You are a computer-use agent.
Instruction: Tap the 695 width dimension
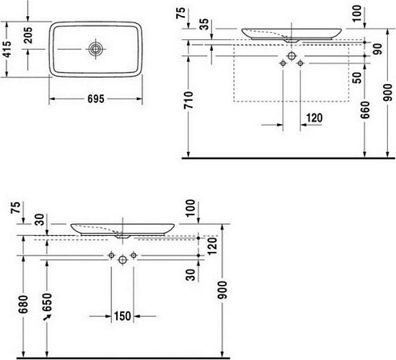pyautogui.click(x=96, y=101)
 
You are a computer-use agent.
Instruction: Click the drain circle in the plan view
pyautogui.click(x=96, y=50)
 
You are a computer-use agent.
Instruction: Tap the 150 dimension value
pyautogui.click(x=122, y=316)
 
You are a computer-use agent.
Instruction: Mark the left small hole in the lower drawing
pyautogui.click(x=110, y=254)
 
